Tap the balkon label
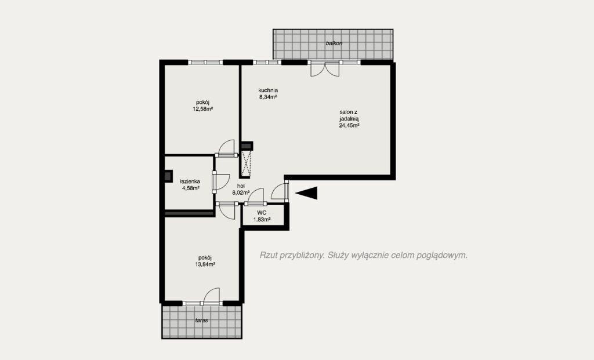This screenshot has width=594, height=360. tap(334, 43)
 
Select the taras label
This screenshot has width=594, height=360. tap(201, 321)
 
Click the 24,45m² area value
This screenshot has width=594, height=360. tap(349, 125)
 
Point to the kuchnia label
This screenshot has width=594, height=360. tap(268, 90)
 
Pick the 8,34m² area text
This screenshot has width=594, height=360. tap(268, 97)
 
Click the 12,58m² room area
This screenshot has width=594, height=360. tap(202, 109)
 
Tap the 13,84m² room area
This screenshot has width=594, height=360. tap(205, 264)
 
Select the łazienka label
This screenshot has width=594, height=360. tap(190, 181)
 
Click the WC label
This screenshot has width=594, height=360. tap(262, 213)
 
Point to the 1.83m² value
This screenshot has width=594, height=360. tap(262, 219)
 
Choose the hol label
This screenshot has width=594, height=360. tap(241, 186)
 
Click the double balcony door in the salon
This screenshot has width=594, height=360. tap(324, 69)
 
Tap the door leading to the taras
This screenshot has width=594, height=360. tap(211, 296)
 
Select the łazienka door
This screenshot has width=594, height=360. tap(221, 181)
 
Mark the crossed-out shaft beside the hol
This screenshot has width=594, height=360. tap(247, 163)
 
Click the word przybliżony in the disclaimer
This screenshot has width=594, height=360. tap(302, 255)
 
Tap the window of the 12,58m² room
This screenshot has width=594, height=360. tap(205, 63)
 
